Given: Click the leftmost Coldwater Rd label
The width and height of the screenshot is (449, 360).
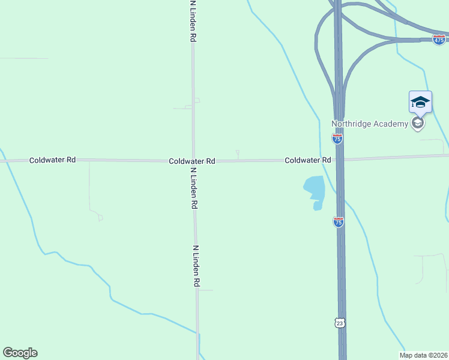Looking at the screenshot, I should (53, 160).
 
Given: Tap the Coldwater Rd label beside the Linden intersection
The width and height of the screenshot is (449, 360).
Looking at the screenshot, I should (192, 161).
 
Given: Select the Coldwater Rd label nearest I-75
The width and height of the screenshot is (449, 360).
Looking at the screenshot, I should (308, 160).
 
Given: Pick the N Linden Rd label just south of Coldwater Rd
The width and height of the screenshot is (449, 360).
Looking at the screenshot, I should (194, 187).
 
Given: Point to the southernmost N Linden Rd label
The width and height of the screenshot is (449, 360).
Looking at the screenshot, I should (196, 265).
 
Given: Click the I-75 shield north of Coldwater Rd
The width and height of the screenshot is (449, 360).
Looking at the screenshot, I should (337, 139).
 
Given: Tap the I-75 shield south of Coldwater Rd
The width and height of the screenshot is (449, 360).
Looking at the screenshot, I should (339, 222).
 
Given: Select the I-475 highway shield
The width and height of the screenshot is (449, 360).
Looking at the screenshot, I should (439, 39).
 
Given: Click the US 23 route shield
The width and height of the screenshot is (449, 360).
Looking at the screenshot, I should (340, 323).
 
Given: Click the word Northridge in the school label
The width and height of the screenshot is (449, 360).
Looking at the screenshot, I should (352, 124).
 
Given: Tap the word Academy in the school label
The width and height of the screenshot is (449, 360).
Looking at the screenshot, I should (390, 124).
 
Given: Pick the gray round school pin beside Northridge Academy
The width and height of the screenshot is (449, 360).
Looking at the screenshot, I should (418, 124).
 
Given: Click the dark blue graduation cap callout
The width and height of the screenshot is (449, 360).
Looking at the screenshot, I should (420, 102).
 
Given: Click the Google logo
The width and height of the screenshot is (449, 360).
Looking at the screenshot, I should (20, 353).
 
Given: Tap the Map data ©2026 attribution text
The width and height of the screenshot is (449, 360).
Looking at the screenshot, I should (423, 355).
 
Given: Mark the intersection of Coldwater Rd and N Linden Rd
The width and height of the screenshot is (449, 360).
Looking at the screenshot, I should (193, 161).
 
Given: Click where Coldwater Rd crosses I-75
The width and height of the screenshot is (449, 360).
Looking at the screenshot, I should (339, 160).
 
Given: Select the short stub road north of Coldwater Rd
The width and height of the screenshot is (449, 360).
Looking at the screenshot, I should (238, 155).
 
